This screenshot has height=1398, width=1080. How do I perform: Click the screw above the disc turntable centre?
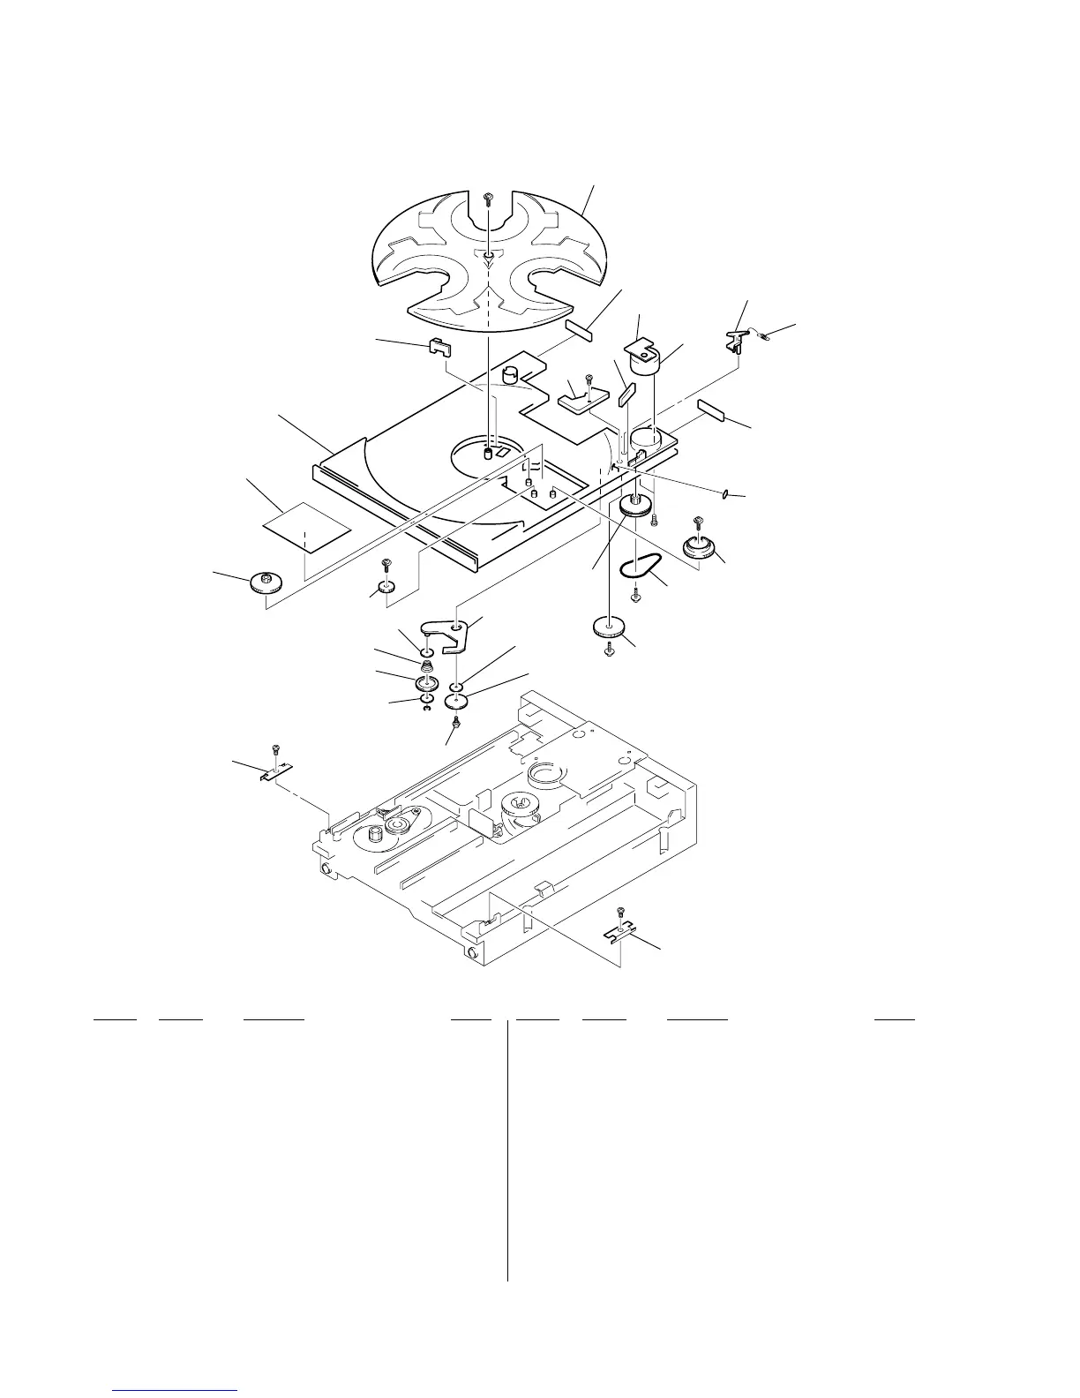[488, 199]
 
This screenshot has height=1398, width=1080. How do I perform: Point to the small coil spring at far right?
[761, 334]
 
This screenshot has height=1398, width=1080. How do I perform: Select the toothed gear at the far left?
[266, 583]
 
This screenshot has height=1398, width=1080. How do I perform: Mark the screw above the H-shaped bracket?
[621, 912]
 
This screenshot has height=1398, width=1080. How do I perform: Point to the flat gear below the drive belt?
[609, 629]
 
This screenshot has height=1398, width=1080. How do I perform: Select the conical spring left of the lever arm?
[427, 666]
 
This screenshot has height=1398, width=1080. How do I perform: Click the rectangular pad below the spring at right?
[715, 410]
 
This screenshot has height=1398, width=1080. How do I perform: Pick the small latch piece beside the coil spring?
[738, 337]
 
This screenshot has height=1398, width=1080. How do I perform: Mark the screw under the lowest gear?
[609, 650]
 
